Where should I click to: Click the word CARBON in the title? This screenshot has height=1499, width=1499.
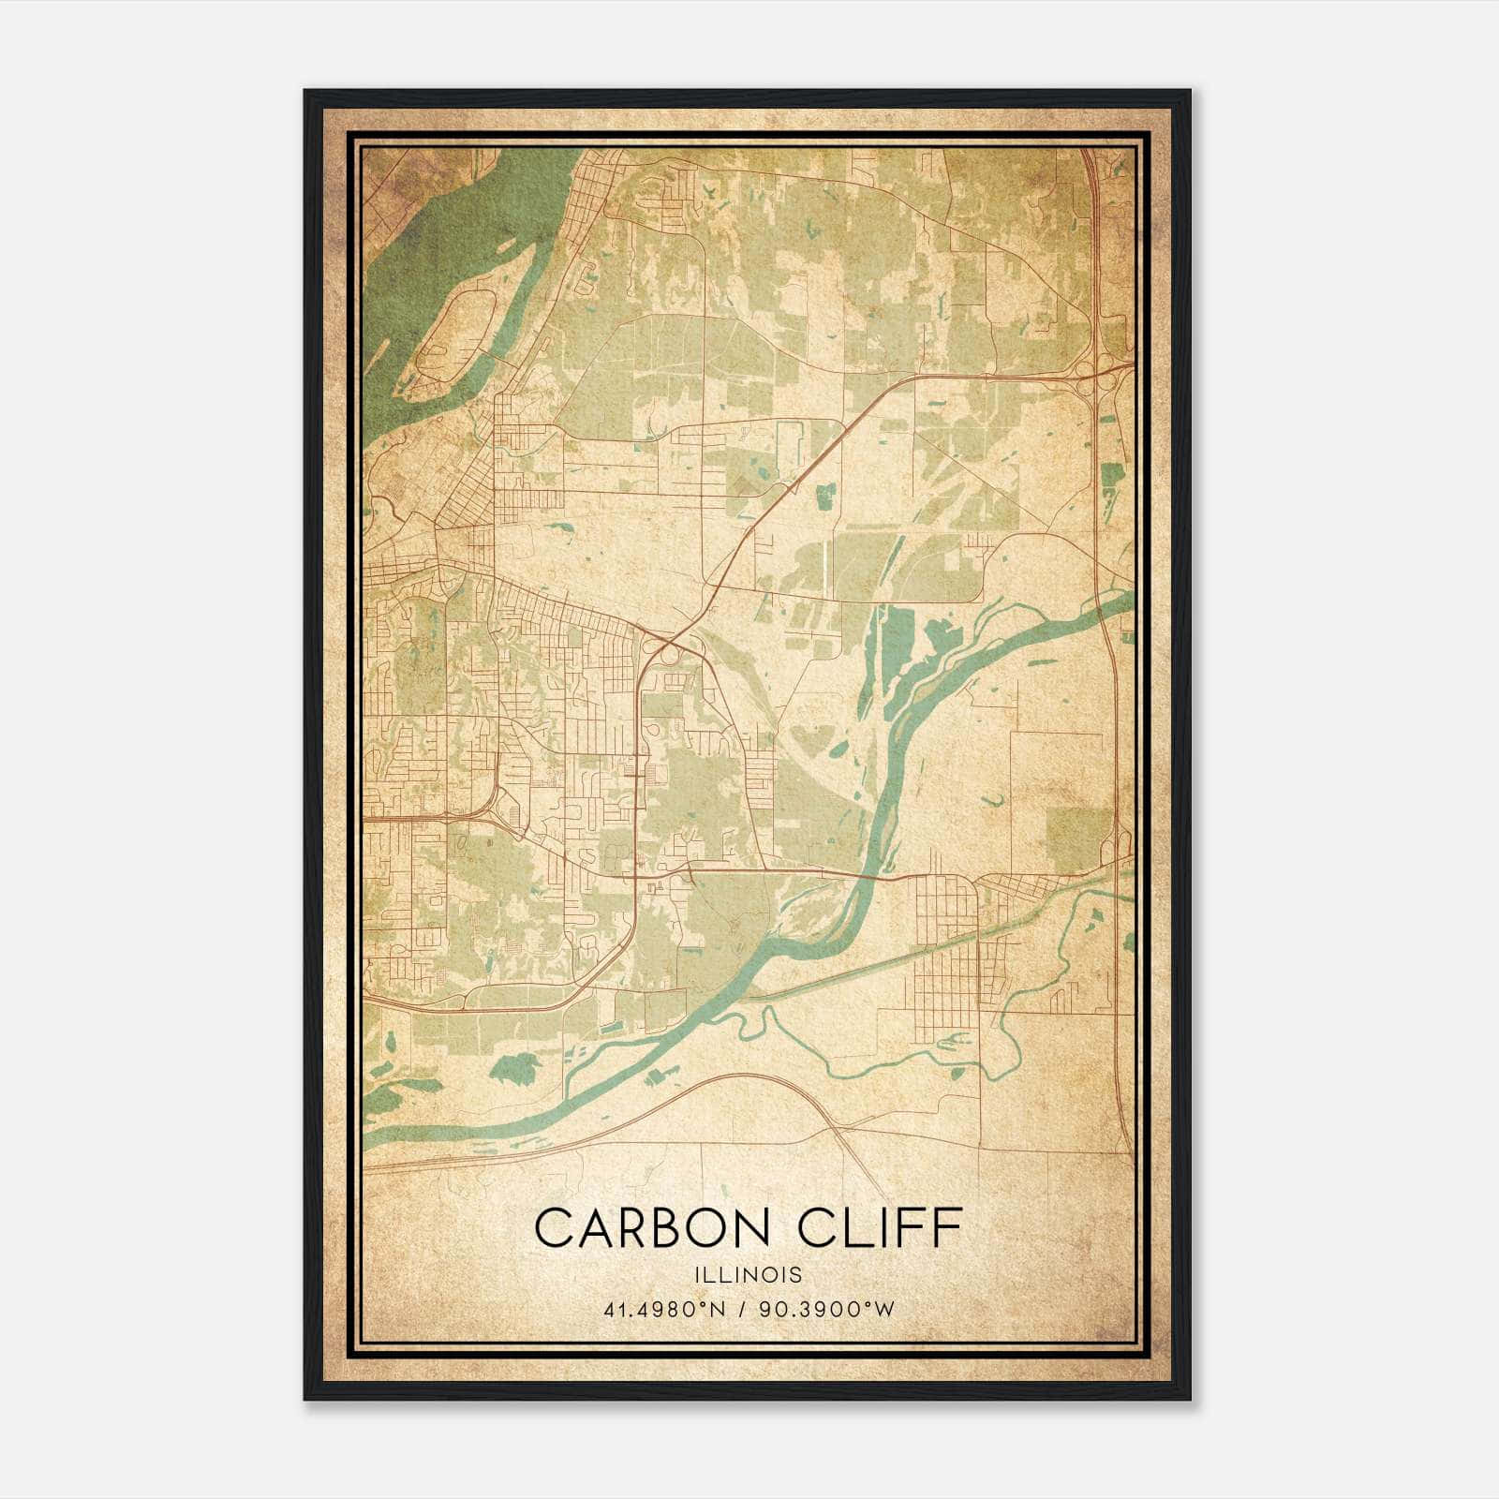pos(638,1228)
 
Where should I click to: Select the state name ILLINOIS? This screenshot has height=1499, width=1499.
pos(748,1275)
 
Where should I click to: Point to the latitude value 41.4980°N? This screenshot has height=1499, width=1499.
pos(665,1310)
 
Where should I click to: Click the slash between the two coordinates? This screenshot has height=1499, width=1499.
pos(742,1310)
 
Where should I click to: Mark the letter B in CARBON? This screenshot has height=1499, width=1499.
pos(659,1228)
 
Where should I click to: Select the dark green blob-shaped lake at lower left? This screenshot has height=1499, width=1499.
pos(514,1065)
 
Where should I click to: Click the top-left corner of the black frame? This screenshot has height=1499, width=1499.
pos(305,91)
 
